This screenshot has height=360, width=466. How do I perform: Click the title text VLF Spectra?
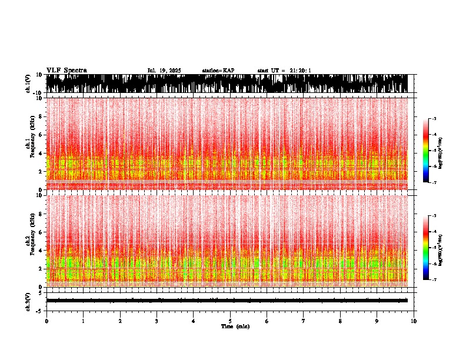66,71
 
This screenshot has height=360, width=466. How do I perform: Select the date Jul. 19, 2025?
164,71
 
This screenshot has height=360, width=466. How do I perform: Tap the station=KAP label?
218,71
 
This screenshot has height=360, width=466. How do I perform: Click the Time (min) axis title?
235,326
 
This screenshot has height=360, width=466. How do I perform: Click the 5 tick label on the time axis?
230,321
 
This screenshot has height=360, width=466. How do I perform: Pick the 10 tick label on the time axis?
414,321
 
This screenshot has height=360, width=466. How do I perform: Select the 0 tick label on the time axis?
46,321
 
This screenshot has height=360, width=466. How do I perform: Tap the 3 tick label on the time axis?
157,321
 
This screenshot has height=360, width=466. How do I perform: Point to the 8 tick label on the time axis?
340,321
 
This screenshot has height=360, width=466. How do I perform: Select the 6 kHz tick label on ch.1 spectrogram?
41,135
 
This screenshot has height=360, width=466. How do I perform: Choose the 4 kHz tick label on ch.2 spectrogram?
41,250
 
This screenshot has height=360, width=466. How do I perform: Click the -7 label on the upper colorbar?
435,183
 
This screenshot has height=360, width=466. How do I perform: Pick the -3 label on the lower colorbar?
435,216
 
